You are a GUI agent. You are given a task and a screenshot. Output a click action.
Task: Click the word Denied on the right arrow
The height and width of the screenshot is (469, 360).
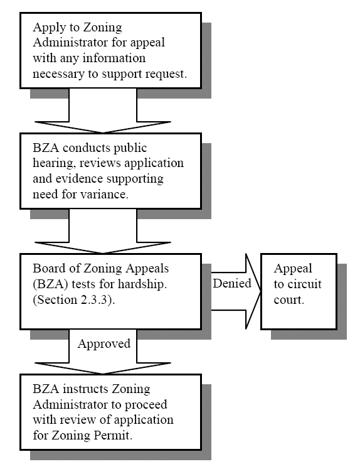pyautogui.click(x=232, y=283)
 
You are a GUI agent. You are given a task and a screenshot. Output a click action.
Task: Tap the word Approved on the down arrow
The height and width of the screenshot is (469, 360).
pyautogui.click(x=104, y=344)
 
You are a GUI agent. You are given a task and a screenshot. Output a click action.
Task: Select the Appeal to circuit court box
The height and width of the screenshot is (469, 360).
pyautogui.click(x=299, y=291)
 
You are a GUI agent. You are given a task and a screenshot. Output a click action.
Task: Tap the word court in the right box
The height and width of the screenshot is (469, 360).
pyautogui.click(x=289, y=299)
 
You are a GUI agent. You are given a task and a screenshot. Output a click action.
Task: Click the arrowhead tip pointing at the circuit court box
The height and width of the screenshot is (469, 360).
pyautogui.click(x=260, y=291)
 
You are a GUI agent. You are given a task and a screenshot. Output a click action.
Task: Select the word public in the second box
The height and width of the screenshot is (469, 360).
pyautogui.click(x=130, y=148)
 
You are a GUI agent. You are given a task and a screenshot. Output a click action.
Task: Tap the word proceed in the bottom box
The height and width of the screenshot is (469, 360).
pyautogui.click(x=146, y=405)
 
